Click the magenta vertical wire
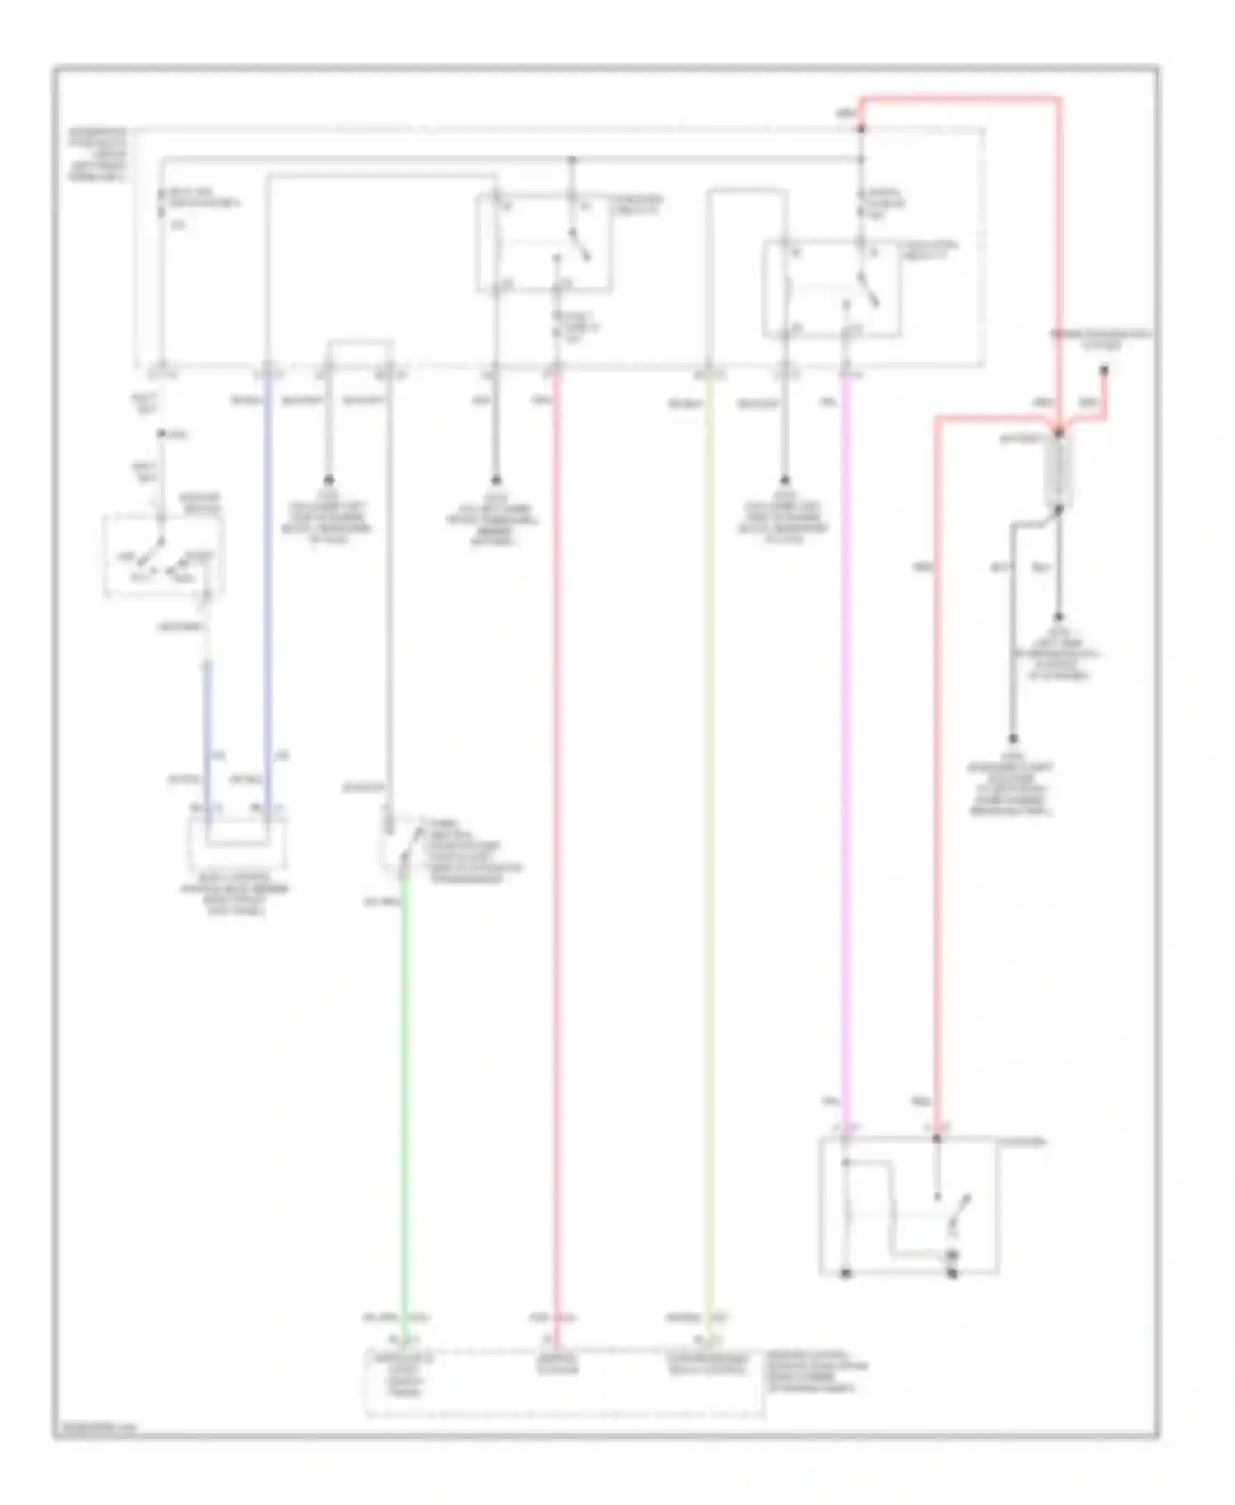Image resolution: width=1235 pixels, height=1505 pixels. (846, 741)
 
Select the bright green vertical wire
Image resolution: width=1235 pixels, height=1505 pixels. (404, 1111)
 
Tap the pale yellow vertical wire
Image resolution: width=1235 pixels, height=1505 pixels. (708, 823)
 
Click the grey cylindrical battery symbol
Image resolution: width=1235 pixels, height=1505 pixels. (1058, 470)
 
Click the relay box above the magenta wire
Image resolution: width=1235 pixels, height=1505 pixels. (832, 288)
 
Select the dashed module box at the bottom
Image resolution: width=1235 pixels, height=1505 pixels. (565, 1382)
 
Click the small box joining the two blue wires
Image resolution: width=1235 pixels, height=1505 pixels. (237, 841)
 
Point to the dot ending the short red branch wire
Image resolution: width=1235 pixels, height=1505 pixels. (1105, 371)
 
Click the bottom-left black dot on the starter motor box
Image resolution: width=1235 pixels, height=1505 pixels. (846, 1274)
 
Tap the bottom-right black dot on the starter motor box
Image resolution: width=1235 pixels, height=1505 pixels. (953, 1274)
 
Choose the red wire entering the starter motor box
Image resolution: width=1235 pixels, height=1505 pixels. (937, 782)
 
